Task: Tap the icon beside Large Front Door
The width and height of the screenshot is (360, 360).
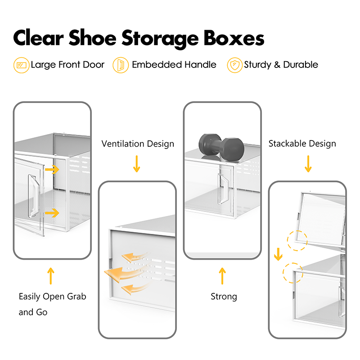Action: point(21,65)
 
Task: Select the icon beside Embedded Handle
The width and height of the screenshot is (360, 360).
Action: point(121,65)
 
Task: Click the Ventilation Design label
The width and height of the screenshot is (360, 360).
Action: point(138,144)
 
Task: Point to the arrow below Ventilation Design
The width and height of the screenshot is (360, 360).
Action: point(136,164)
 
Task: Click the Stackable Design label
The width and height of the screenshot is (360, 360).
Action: point(302,144)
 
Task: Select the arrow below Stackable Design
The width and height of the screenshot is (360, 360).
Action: point(308,164)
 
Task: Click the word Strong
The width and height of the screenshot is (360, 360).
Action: point(224,297)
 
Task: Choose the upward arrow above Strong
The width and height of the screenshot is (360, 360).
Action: point(222,276)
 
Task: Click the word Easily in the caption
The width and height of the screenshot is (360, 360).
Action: point(30,297)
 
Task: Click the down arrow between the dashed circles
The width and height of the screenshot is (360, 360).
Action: point(278,255)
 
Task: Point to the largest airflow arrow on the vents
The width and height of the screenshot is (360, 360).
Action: point(121,272)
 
